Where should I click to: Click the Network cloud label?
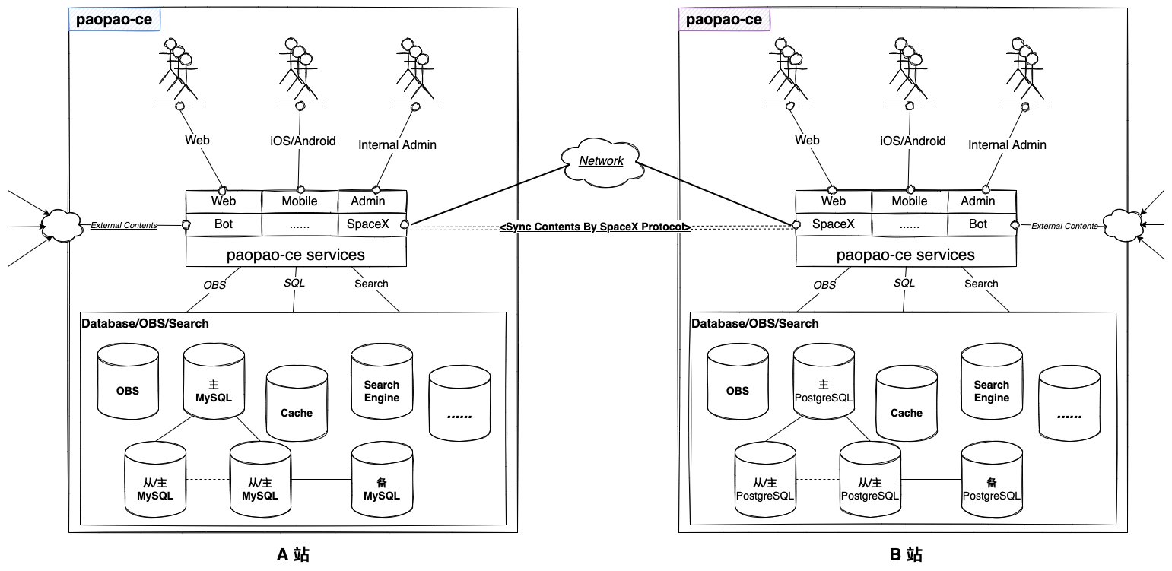tap(601, 160)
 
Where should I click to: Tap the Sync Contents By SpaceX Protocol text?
tap(596, 227)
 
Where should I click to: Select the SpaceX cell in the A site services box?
tap(368, 224)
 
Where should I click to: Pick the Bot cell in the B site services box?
tap(978, 224)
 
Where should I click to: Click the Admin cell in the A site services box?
tap(368, 201)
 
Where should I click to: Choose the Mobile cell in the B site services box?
tap(909, 201)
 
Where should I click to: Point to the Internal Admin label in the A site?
tap(397, 144)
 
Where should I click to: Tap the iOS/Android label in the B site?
tap(913, 141)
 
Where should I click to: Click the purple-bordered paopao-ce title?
tap(723, 20)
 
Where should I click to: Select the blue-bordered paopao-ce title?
tap(115, 20)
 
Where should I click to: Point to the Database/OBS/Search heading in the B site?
tap(754, 323)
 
